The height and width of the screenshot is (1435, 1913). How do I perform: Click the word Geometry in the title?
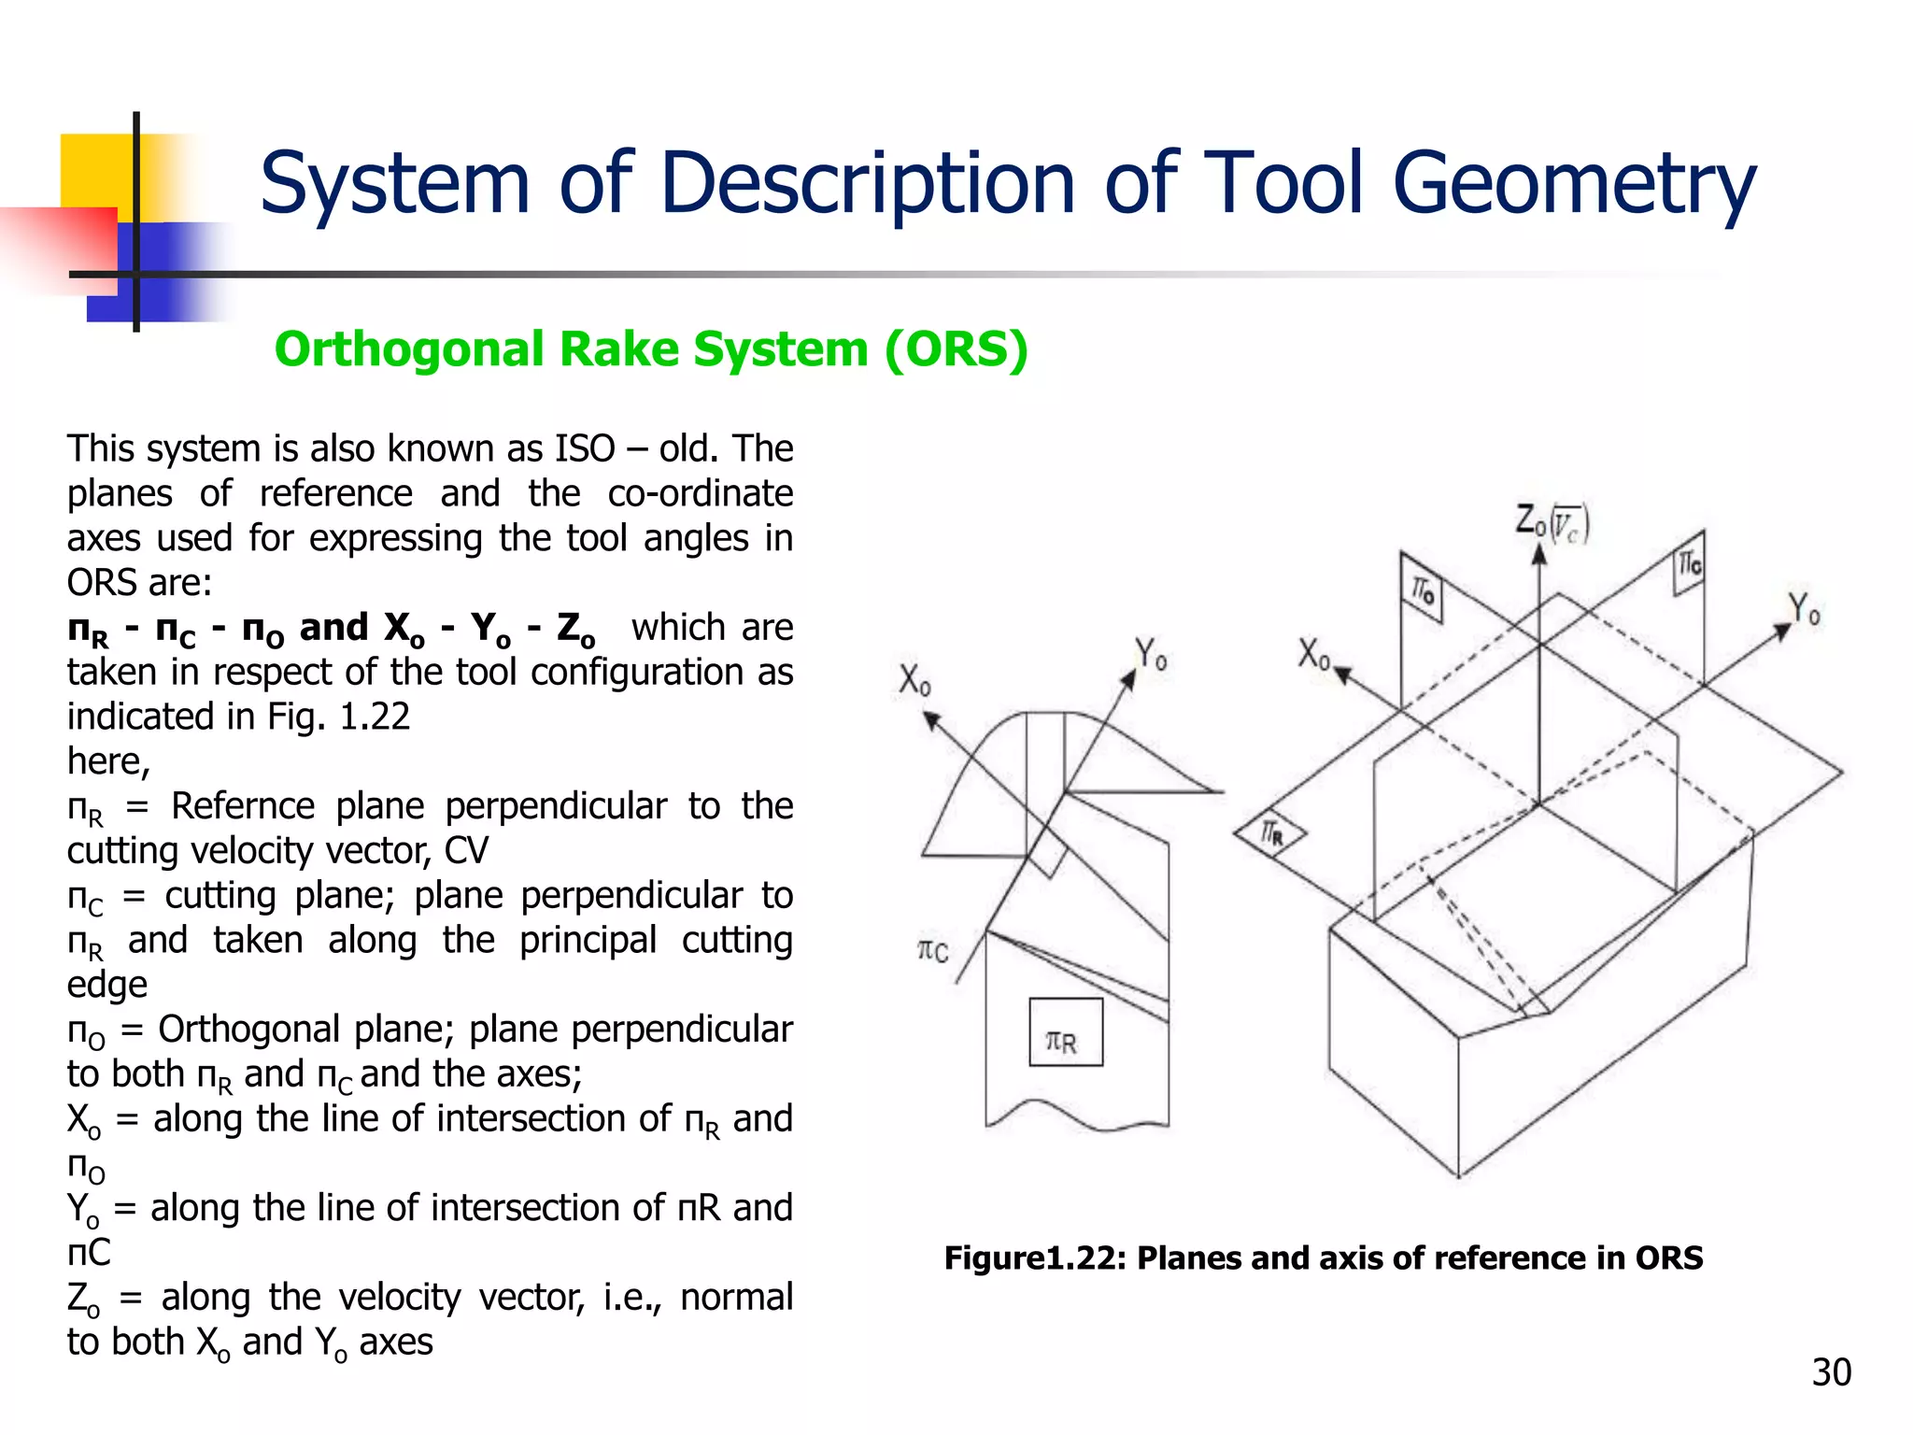1574,184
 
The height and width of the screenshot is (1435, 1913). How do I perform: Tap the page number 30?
1831,1371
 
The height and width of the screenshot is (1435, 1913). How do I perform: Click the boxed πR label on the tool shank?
1065,1032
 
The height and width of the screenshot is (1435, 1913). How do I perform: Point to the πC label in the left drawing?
933,951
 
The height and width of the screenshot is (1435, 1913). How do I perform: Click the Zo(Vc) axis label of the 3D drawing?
1551,523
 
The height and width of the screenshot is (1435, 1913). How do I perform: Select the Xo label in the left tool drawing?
914,680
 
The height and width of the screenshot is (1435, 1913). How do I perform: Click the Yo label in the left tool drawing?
1150,654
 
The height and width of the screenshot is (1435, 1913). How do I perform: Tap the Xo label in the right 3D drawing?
1312,654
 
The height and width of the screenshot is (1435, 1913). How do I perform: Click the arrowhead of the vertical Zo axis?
1539,554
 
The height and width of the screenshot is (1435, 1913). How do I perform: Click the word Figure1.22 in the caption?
1035,1258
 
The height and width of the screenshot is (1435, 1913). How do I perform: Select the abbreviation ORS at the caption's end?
1668,1258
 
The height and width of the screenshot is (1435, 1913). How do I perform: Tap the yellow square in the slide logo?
93,173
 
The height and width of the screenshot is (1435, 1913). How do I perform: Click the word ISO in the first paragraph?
585,449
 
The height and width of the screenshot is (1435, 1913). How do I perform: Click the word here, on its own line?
108,761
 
